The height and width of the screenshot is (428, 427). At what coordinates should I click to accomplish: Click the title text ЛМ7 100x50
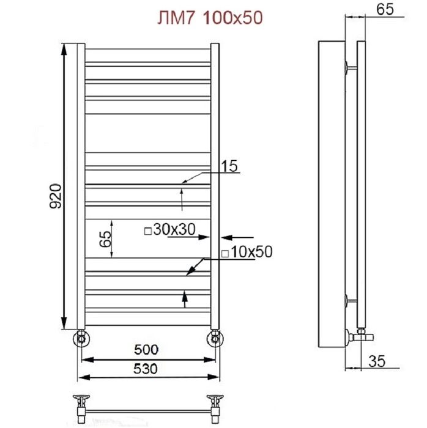click(x=210, y=18)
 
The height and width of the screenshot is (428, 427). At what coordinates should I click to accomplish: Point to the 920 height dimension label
click(x=56, y=196)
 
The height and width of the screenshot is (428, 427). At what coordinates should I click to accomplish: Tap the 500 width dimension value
click(x=146, y=350)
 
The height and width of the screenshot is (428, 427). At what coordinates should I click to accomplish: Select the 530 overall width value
click(x=146, y=369)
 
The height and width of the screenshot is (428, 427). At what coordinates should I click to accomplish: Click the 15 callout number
click(x=229, y=166)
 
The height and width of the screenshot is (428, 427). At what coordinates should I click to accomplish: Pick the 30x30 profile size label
click(x=174, y=229)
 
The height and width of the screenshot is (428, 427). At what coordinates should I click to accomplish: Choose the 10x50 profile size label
click(x=251, y=252)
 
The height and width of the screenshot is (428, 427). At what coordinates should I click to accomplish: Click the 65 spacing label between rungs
click(x=105, y=239)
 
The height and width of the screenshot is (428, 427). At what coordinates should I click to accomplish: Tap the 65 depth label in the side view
click(x=385, y=9)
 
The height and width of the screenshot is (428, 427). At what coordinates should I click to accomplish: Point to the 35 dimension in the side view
click(x=377, y=361)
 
